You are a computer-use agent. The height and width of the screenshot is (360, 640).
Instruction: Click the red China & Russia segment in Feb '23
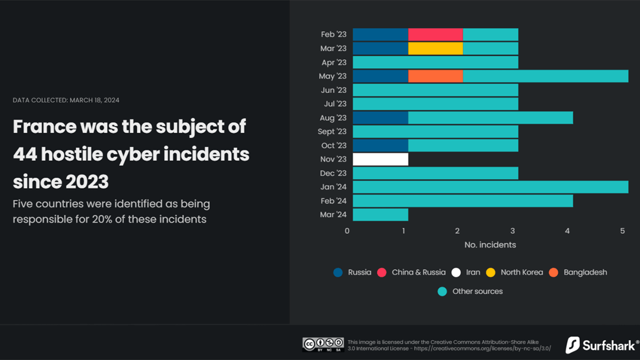435,35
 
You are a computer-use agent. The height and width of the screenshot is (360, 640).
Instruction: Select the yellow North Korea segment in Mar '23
435,49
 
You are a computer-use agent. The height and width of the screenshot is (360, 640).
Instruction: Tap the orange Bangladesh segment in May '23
435,76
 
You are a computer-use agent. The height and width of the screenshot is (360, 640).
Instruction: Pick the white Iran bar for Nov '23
381,159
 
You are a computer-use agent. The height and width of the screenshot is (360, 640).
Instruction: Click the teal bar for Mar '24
381,214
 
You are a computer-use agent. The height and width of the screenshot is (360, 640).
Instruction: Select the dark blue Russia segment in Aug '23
381,118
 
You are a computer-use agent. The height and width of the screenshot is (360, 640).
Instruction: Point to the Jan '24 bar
491,187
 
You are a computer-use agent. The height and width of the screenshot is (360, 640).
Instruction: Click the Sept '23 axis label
332,131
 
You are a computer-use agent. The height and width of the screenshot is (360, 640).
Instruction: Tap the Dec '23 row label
333,173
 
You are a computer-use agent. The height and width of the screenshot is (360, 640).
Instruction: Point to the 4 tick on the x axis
567,231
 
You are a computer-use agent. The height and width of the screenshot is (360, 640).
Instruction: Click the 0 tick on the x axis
347,231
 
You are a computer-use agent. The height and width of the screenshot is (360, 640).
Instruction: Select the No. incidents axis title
490,245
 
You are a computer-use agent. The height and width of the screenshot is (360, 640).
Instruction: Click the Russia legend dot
338,273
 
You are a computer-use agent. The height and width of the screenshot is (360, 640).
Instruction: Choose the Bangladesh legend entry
578,273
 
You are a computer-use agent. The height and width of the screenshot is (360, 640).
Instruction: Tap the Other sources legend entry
470,291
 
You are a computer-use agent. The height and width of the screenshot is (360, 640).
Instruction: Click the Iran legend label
473,273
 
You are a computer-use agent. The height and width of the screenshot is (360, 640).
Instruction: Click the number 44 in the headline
25,154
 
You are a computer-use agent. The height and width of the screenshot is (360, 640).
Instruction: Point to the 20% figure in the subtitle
102,219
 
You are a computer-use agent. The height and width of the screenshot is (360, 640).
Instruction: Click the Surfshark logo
602,345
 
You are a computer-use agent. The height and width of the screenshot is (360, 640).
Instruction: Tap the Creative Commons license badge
323,345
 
